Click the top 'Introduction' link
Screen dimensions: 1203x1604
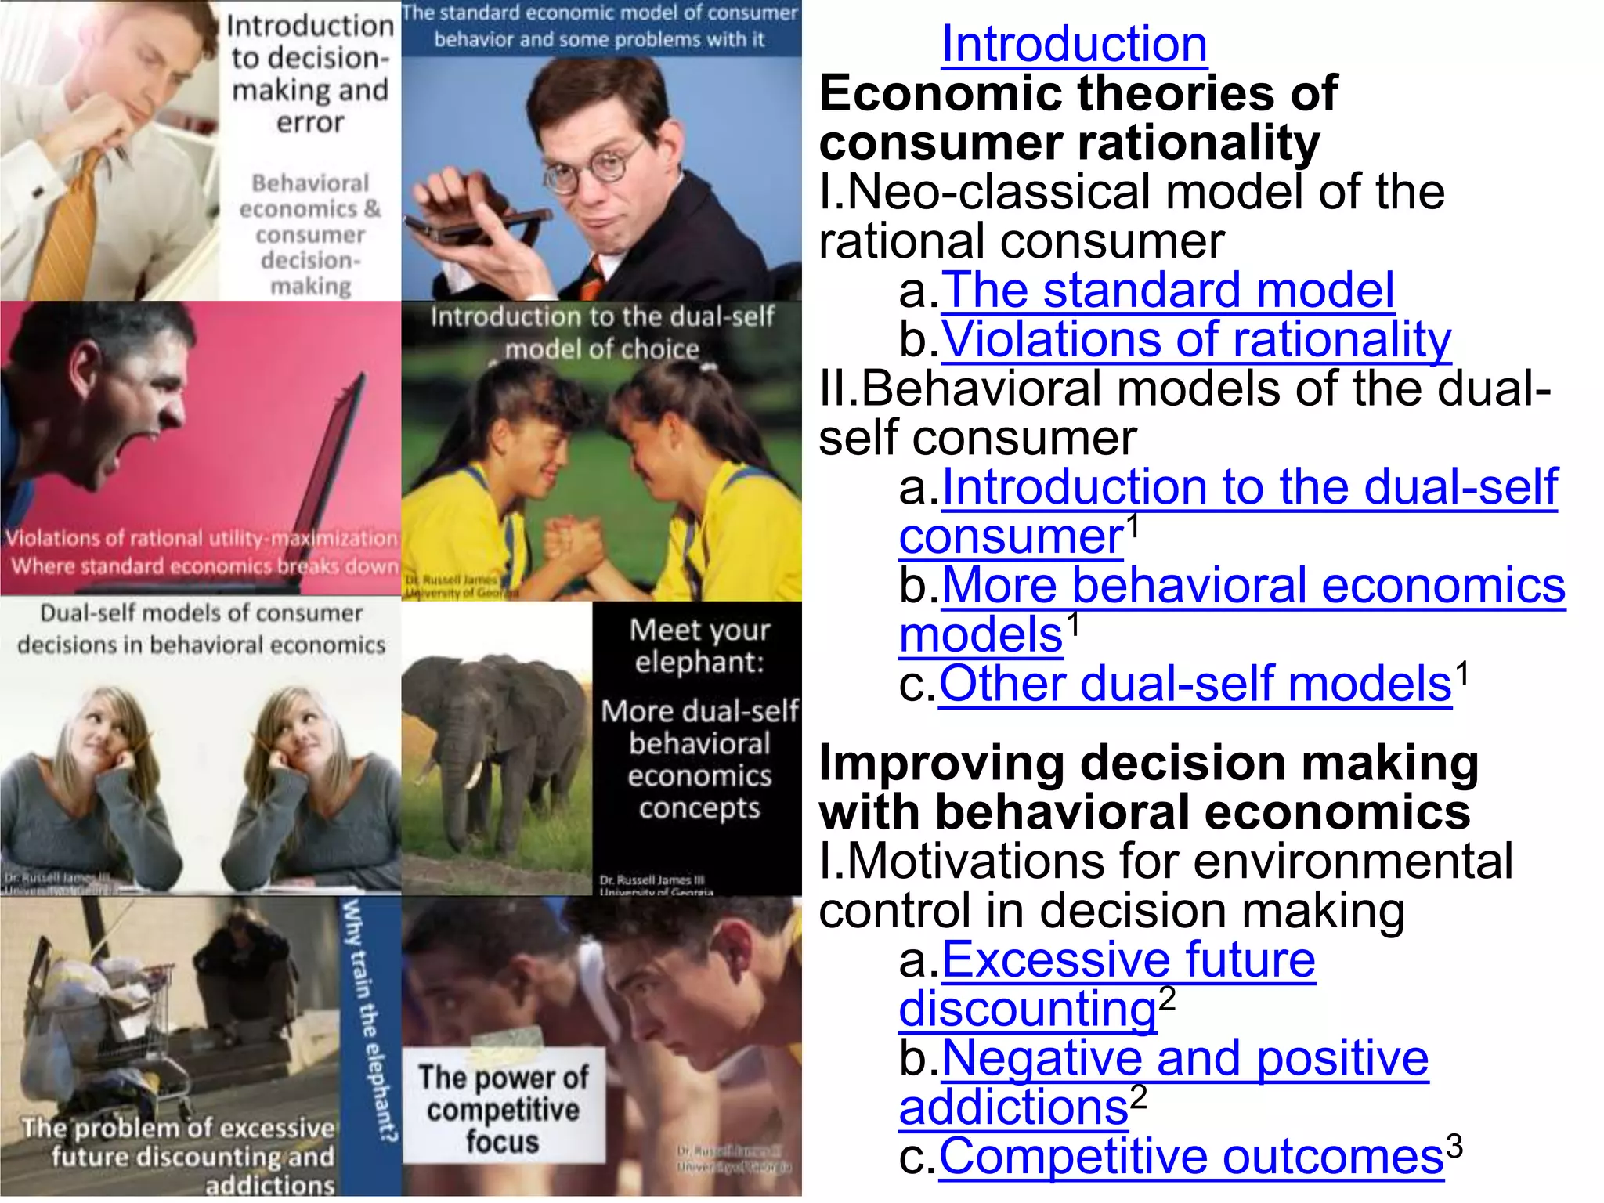pos(1074,44)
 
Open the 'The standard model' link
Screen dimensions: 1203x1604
pos(1167,290)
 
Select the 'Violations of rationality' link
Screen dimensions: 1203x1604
pos(1195,339)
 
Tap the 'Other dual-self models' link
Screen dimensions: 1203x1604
pos(1194,684)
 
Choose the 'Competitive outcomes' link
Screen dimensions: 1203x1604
pos(1190,1156)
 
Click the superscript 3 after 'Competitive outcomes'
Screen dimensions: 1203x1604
pos(1454,1145)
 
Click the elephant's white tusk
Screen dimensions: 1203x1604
pos(472,775)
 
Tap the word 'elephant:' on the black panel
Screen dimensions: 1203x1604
pos(699,663)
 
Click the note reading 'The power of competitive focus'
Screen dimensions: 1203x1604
pos(503,1109)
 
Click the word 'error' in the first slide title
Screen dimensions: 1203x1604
pos(310,123)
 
